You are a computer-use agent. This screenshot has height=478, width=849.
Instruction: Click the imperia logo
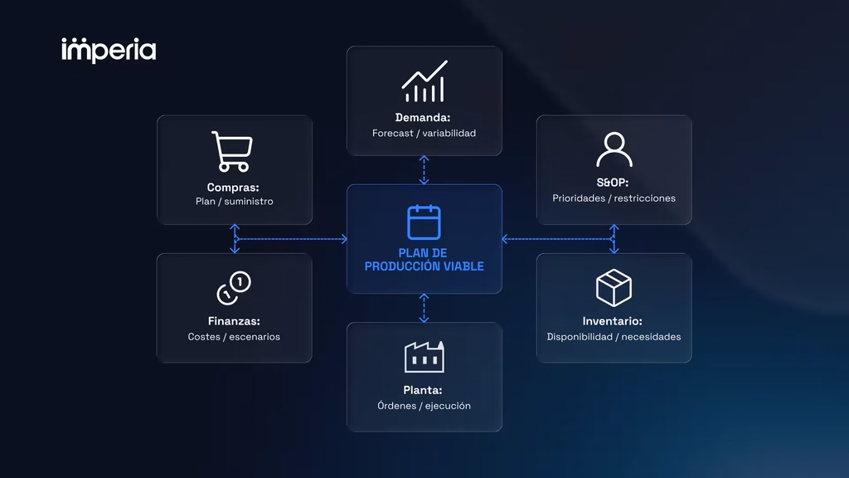click(109, 51)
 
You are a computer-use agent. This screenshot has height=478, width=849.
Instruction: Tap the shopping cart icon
click(232, 151)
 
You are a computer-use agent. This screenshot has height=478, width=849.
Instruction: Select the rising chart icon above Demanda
click(424, 81)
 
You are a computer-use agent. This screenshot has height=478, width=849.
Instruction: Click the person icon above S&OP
click(614, 149)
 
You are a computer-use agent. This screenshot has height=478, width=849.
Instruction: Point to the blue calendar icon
click(424, 222)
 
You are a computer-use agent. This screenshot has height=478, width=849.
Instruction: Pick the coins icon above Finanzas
click(234, 288)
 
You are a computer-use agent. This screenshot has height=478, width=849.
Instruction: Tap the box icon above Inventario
click(614, 288)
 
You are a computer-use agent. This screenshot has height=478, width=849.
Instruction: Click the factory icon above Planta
click(424, 357)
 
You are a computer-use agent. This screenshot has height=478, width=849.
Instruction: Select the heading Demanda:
click(423, 118)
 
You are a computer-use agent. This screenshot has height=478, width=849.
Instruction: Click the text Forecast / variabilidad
click(424, 134)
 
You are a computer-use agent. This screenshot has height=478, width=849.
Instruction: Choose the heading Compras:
click(233, 188)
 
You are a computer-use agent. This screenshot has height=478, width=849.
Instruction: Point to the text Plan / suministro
click(235, 202)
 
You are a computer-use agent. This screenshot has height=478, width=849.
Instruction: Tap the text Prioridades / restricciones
click(614, 198)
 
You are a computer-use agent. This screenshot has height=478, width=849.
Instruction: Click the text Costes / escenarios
click(234, 337)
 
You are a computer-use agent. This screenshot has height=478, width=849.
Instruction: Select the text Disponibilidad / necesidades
click(614, 337)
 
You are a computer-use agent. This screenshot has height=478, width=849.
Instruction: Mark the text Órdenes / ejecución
click(424, 406)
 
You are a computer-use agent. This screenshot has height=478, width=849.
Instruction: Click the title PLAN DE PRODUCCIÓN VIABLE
click(424, 260)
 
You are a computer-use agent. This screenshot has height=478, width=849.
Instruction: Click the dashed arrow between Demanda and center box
click(424, 170)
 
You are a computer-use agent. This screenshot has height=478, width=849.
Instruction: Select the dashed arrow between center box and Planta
click(424, 308)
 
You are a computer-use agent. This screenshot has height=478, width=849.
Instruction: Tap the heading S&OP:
click(613, 183)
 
